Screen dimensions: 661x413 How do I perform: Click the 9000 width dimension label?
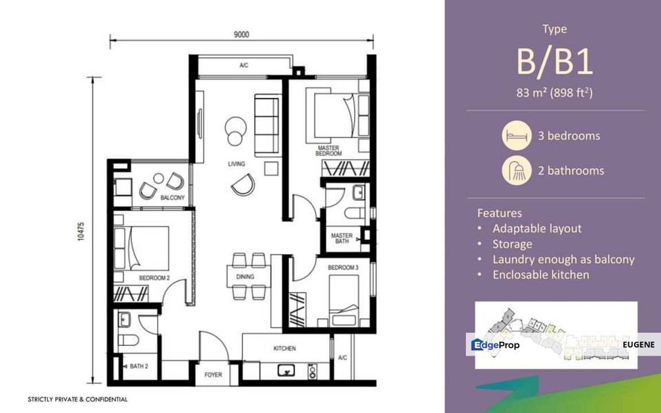pos(242,34)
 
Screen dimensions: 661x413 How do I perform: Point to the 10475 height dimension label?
pos(81,231)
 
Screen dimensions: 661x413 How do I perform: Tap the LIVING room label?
pos(236,164)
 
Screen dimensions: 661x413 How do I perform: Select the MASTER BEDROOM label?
pos(328,151)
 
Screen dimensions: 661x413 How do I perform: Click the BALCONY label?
pos(172,197)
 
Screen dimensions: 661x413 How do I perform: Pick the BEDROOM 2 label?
pos(154,278)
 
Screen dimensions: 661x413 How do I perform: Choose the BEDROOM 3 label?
pos(343,268)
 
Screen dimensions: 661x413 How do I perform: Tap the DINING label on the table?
pos(246,277)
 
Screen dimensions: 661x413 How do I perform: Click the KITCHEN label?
pos(285,349)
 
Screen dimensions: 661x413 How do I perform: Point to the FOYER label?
pos(213,375)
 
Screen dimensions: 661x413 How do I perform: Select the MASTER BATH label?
pos(342,239)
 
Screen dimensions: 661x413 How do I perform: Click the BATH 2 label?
pos(139,366)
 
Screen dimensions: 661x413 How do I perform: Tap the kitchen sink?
pos(286,371)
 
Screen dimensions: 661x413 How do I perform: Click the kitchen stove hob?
pos(312,371)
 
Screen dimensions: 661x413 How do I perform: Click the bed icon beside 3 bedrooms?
pos(516,136)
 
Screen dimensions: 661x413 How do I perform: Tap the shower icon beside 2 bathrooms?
pos(516,170)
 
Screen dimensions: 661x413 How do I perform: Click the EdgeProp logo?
pos(495,345)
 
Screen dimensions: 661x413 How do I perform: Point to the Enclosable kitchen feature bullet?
pos(541,275)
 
